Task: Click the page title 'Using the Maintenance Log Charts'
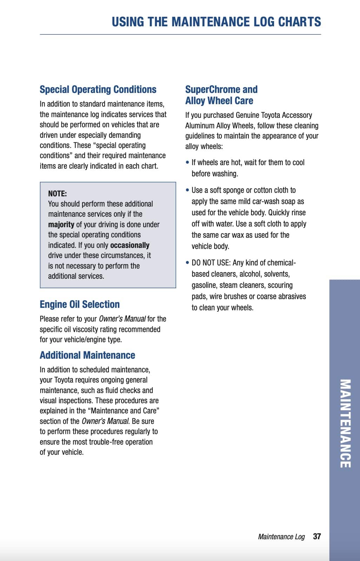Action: click(216, 22)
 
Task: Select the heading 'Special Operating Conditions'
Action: click(98, 89)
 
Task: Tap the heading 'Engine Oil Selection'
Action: click(80, 304)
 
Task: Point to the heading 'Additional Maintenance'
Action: click(87, 355)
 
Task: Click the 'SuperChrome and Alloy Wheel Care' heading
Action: click(221, 95)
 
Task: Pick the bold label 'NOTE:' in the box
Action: click(58, 194)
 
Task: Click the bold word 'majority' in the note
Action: click(61, 224)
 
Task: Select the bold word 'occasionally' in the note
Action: click(130, 245)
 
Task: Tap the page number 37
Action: click(317, 536)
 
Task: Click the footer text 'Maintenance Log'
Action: click(281, 537)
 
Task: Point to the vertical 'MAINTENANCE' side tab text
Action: click(345, 423)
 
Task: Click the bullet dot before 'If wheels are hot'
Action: click(188, 163)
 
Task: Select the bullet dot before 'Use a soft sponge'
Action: click(188, 190)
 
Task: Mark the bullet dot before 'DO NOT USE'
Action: click(188, 263)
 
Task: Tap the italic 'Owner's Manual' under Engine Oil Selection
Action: click(122, 319)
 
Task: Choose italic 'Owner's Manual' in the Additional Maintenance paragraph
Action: click(105, 421)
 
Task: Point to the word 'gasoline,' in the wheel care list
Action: click(204, 285)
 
